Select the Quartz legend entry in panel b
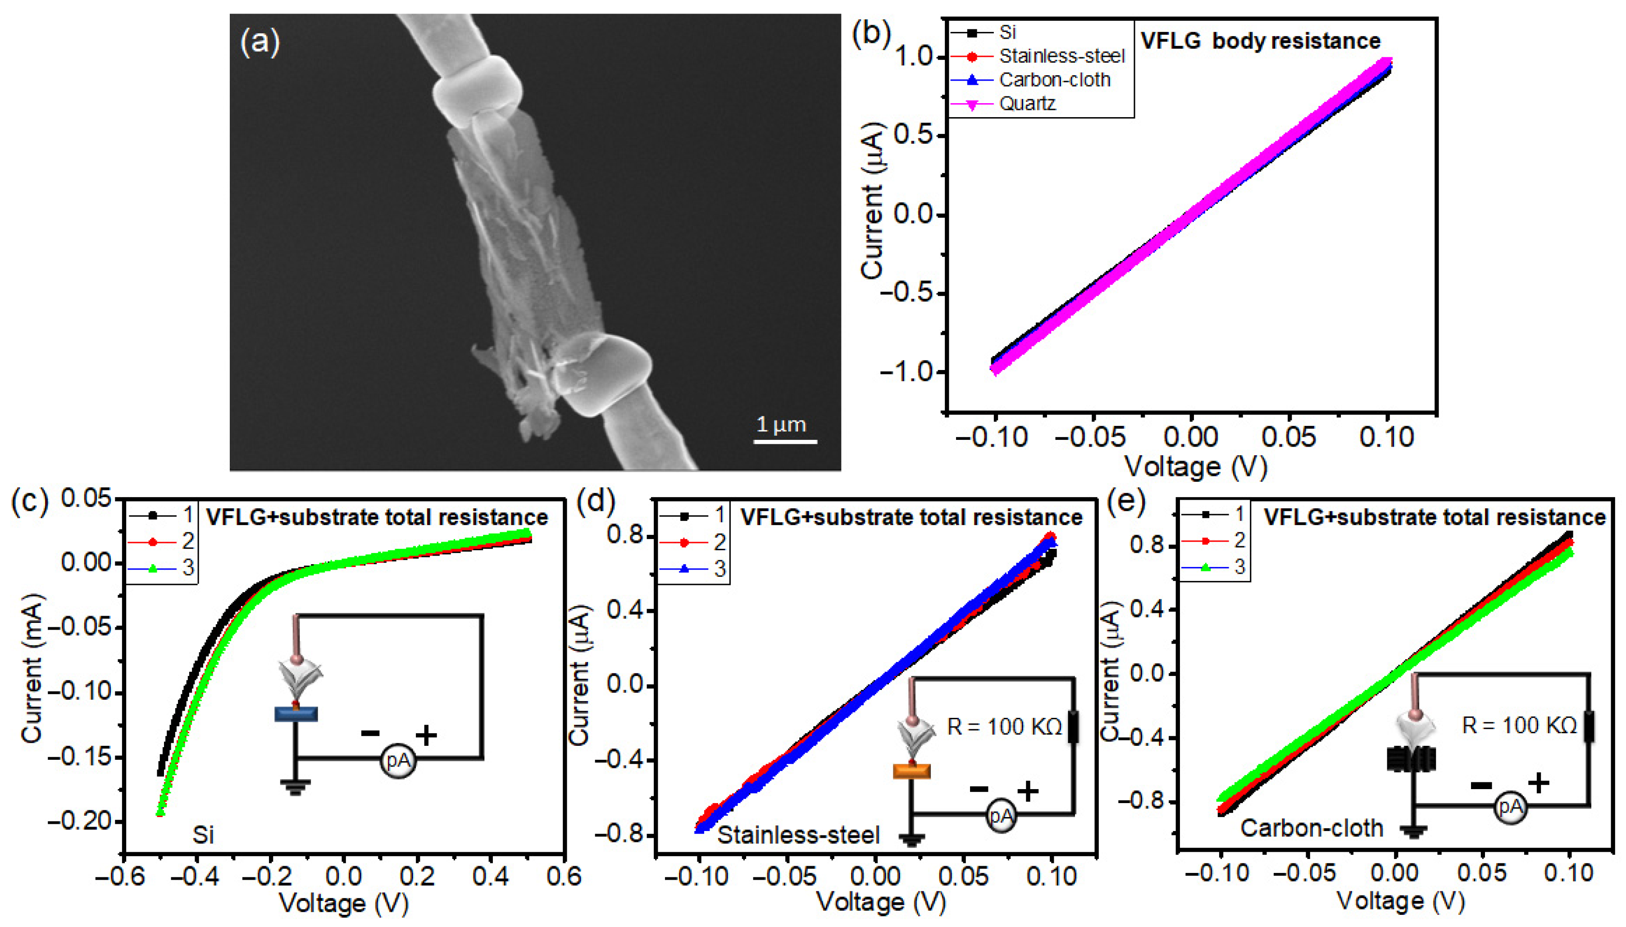pyautogui.click(x=1027, y=103)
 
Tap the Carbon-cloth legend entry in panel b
pyautogui.click(x=1055, y=80)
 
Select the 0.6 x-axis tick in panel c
pyautogui.click(x=563, y=876)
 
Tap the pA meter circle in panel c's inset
pyautogui.click(x=398, y=760)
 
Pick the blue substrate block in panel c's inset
pyautogui.click(x=296, y=714)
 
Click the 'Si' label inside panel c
pyautogui.click(x=203, y=835)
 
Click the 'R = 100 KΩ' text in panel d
pyautogui.click(x=1004, y=726)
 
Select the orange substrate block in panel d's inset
pyautogui.click(x=911, y=772)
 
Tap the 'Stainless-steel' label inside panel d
pyautogui.click(x=798, y=835)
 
